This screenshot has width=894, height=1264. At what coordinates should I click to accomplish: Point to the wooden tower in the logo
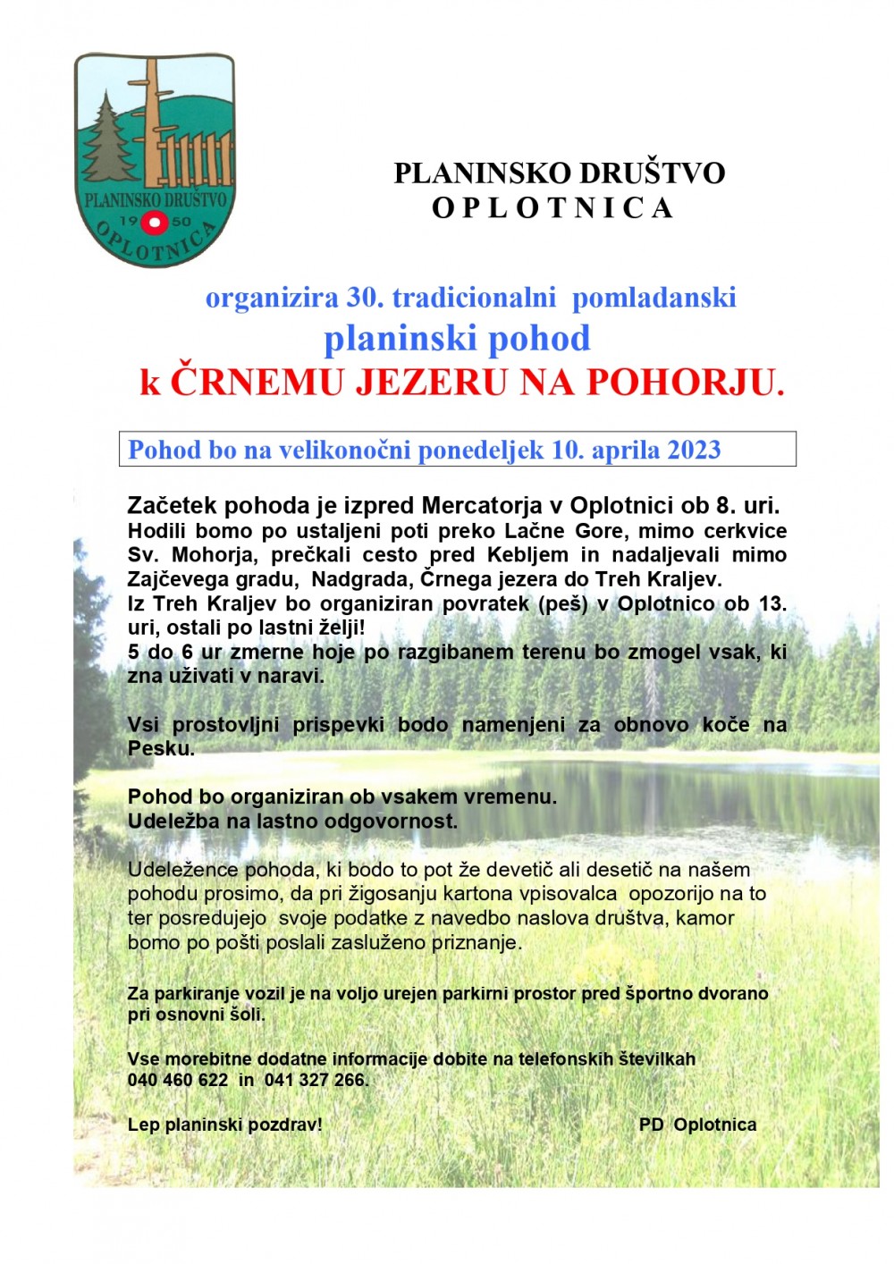click(154, 116)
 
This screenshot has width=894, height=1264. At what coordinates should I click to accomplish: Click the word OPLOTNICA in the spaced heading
click(552, 208)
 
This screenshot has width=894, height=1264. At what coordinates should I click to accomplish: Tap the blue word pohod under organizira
click(545, 339)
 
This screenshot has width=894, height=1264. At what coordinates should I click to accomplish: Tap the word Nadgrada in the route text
click(361, 578)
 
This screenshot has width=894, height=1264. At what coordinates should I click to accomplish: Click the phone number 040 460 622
click(178, 1080)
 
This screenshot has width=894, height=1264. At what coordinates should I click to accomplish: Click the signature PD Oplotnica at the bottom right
click(697, 1125)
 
